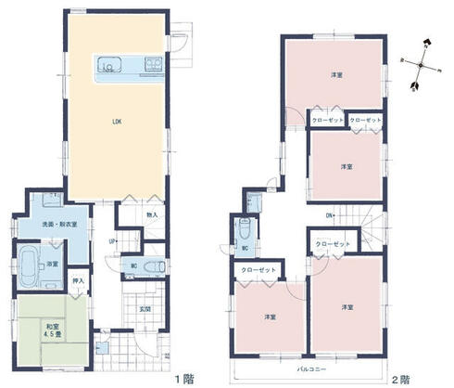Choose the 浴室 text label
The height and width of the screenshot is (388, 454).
pos(54,265)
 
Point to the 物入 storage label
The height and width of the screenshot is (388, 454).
pos(152,215)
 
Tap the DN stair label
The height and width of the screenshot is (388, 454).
pos(329,217)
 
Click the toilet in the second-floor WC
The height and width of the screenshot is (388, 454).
pos(243,228)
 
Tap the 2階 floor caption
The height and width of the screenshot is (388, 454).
pos(400,378)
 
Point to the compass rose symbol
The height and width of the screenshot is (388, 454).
pos(421,64)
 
